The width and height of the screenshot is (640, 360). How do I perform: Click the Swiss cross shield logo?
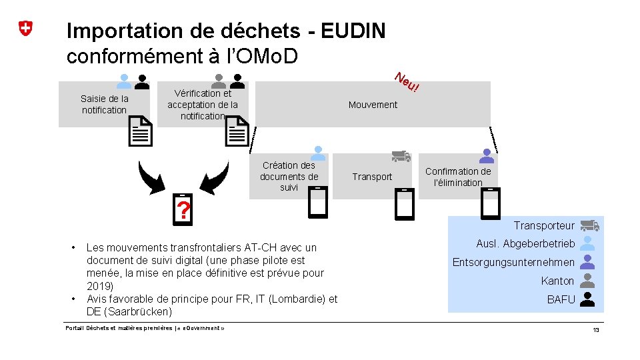pyautogui.click(x=25, y=29)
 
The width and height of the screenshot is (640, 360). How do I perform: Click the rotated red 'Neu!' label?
pyautogui.click(x=406, y=82)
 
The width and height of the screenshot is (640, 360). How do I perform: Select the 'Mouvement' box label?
pyautogui.click(x=373, y=105)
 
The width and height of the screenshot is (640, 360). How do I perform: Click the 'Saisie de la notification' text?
pyautogui.click(x=105, y=104)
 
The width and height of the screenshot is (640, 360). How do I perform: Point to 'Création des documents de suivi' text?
pyautogui.click(x=289, y=176)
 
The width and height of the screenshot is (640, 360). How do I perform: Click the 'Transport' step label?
pyautogui.click(x=372, y=177)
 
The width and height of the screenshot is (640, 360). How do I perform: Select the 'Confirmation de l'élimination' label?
pyautogui.click(x=458, y=177)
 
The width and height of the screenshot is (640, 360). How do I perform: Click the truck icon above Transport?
pyautogui.click(x=401, y=156)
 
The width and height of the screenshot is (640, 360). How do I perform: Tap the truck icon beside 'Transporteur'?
pyautogui.click(x=589, y=226)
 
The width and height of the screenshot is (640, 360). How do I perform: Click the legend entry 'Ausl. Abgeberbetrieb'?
pyautogui.click(x=525, y=243)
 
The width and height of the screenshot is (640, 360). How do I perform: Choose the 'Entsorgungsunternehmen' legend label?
pyautogui.click(x=513, y=262)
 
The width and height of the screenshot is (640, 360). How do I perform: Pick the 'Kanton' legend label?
pyautogui.click(x=557, y=281)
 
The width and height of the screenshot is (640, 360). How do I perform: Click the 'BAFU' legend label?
pyautogui.click(x=561, y=299)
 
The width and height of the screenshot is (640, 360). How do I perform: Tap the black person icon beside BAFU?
pyautogui.click(x=587, y=299)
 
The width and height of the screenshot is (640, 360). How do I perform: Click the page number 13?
pyautogui.click(x=596, y=331)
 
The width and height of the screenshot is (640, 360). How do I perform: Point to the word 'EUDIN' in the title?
pyautogui.click(x=353, y=31)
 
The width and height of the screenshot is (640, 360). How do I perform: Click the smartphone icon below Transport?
pyautogui.click(x=405, y=204)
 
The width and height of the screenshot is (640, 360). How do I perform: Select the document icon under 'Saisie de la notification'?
pyautogui.click(x=140, y=131)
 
